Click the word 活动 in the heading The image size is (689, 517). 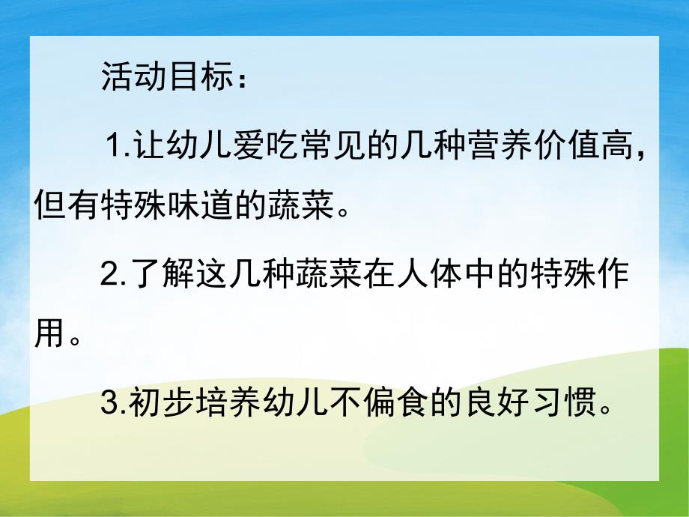coord(132,78)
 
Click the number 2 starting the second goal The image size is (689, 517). coord(109,276)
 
